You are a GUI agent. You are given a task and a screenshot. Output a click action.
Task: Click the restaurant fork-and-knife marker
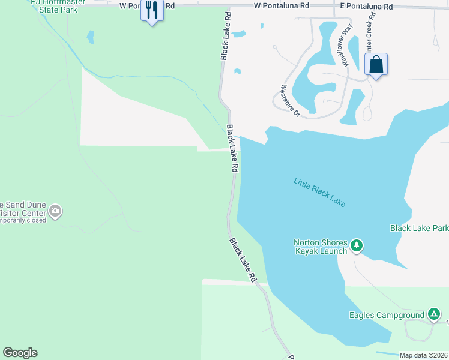(x=152, y=11)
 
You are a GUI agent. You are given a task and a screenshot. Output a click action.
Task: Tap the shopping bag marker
(x=376, y=64)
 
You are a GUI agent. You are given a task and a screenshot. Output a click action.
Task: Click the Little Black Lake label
(x=319, y=192)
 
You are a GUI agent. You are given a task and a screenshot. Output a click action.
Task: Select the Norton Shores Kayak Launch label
(x=321, y=247)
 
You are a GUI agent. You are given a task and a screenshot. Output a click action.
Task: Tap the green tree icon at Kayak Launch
(x=357, y=245)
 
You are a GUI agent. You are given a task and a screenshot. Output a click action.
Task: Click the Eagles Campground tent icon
(x=433, y=314)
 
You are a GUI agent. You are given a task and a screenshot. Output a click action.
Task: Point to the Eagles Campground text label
(x=387, y=315)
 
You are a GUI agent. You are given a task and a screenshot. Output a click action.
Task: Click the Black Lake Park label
(x=419, y=229)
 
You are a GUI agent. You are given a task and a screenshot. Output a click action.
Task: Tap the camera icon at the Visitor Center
(x=55, y=211)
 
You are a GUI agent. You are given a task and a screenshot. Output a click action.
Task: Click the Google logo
(x=20, y=353)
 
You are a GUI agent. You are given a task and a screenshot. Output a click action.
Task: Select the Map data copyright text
(x=424, y=355)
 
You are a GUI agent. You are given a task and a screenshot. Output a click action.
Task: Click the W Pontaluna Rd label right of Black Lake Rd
(x=281, y=6)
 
